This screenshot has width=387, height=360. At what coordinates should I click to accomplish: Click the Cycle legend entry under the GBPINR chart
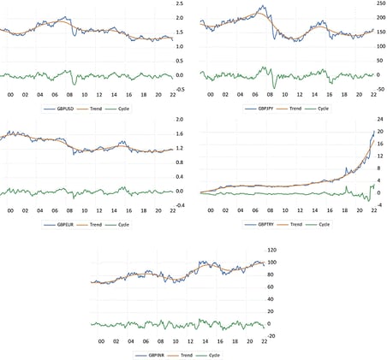(x=220, y=353)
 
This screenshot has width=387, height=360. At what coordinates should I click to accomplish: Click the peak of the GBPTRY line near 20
(x=373, y=131)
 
